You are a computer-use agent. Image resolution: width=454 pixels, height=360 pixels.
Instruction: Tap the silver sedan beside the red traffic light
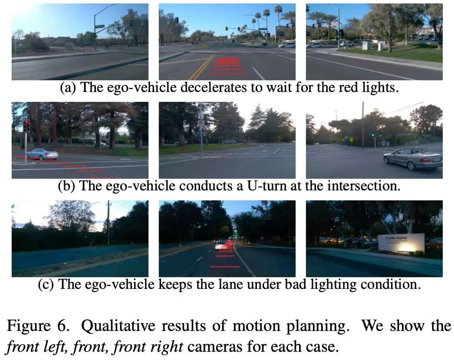click(42, 154)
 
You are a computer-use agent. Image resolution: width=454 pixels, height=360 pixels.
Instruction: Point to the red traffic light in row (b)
click(27, 126)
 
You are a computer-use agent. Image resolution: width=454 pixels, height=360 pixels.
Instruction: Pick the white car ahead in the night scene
click(222, 246)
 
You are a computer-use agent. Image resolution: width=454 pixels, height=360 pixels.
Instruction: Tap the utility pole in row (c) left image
click(109, 223)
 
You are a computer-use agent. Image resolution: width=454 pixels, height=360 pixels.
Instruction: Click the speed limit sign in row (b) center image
click(201, 123)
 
